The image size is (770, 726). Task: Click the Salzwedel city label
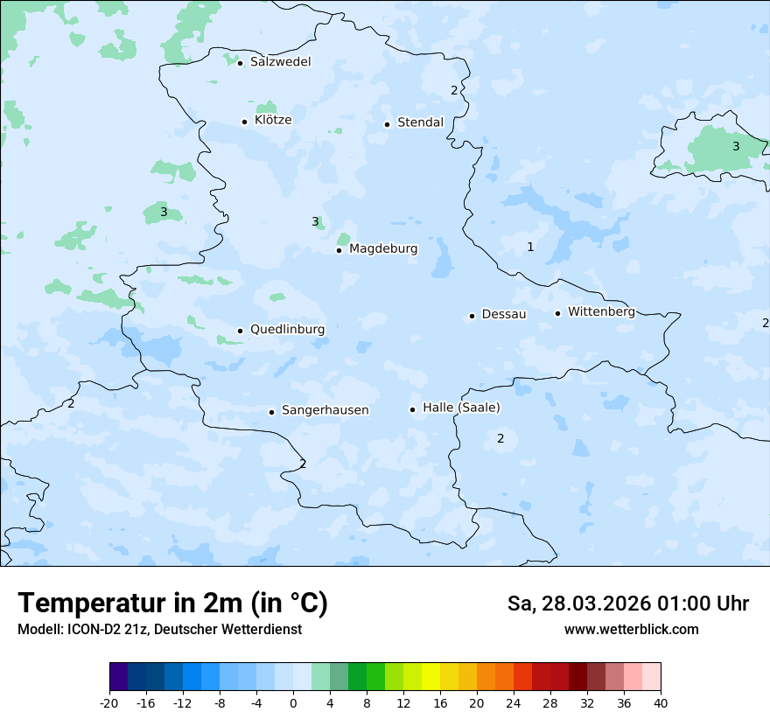[x=280, y=62]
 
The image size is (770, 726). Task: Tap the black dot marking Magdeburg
[x=339, y=250]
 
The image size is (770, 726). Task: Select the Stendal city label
[x=420, y=122]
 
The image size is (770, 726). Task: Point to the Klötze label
[x=273, y=120]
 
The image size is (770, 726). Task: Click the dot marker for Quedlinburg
[x=240, y=331]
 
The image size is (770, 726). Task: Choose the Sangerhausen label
[x=325, y=410]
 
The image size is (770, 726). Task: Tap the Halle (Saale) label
[x=461, y=408]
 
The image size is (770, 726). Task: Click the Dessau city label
[x=504, y=314]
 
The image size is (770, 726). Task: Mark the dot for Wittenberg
[x=557, y=313]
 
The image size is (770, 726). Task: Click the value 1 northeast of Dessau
[x=530, y=248]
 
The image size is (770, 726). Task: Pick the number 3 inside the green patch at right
[x=736, y=146]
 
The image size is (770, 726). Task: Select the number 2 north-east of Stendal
[x=454, y=90]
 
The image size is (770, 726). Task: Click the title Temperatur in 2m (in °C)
[x=173, y=604]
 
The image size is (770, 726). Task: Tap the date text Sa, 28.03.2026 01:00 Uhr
[x=627, y=604]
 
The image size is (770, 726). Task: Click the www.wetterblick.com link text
[x=631, y=630]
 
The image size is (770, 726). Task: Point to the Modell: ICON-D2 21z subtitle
[x=159, y=630]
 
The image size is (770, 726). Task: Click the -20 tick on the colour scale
[x=109, y=703]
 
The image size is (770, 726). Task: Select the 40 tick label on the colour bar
[x=661, y=703]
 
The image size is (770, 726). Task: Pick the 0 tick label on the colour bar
[x=293, y=703]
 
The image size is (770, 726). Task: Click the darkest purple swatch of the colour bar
[x=119, y=677]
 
